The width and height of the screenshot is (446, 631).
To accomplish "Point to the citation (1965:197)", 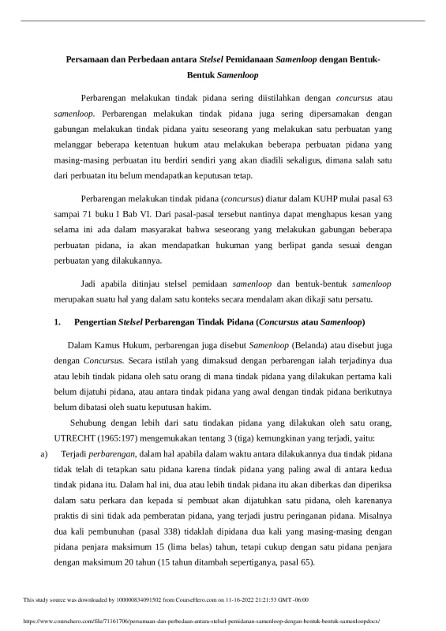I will (119, 438).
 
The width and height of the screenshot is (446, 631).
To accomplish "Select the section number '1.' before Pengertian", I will (56, 323).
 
